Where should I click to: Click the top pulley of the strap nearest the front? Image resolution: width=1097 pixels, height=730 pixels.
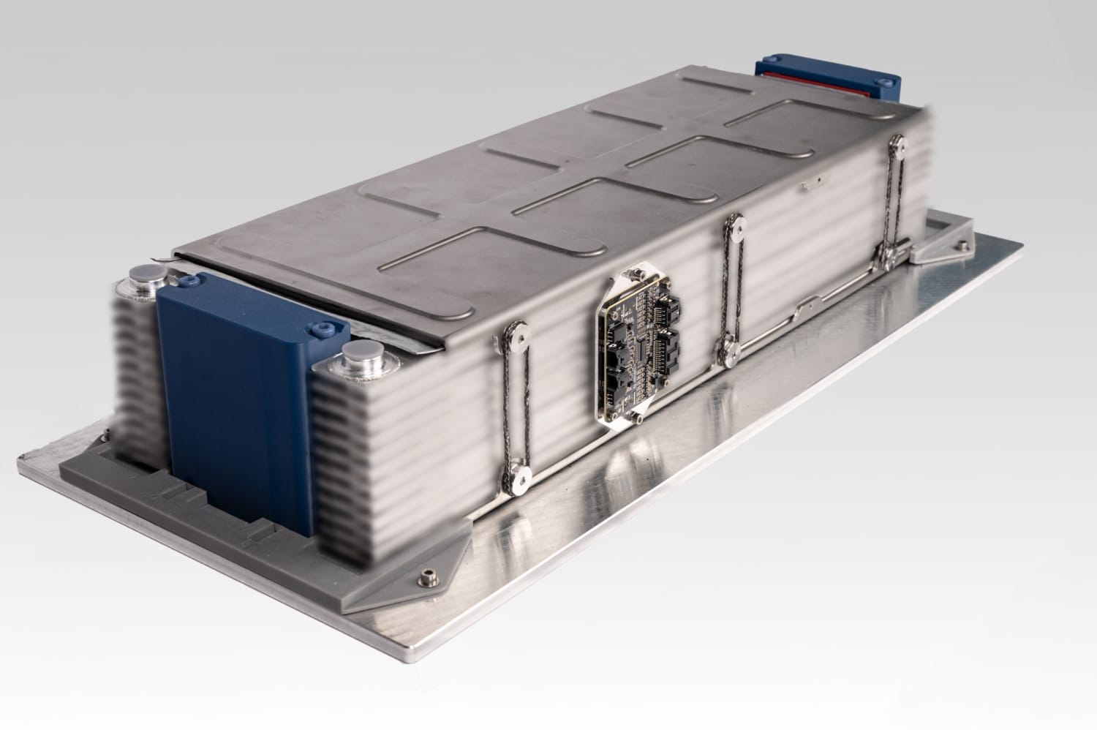(520, 335)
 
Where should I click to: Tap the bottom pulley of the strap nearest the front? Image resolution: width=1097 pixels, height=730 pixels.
(520, 476)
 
